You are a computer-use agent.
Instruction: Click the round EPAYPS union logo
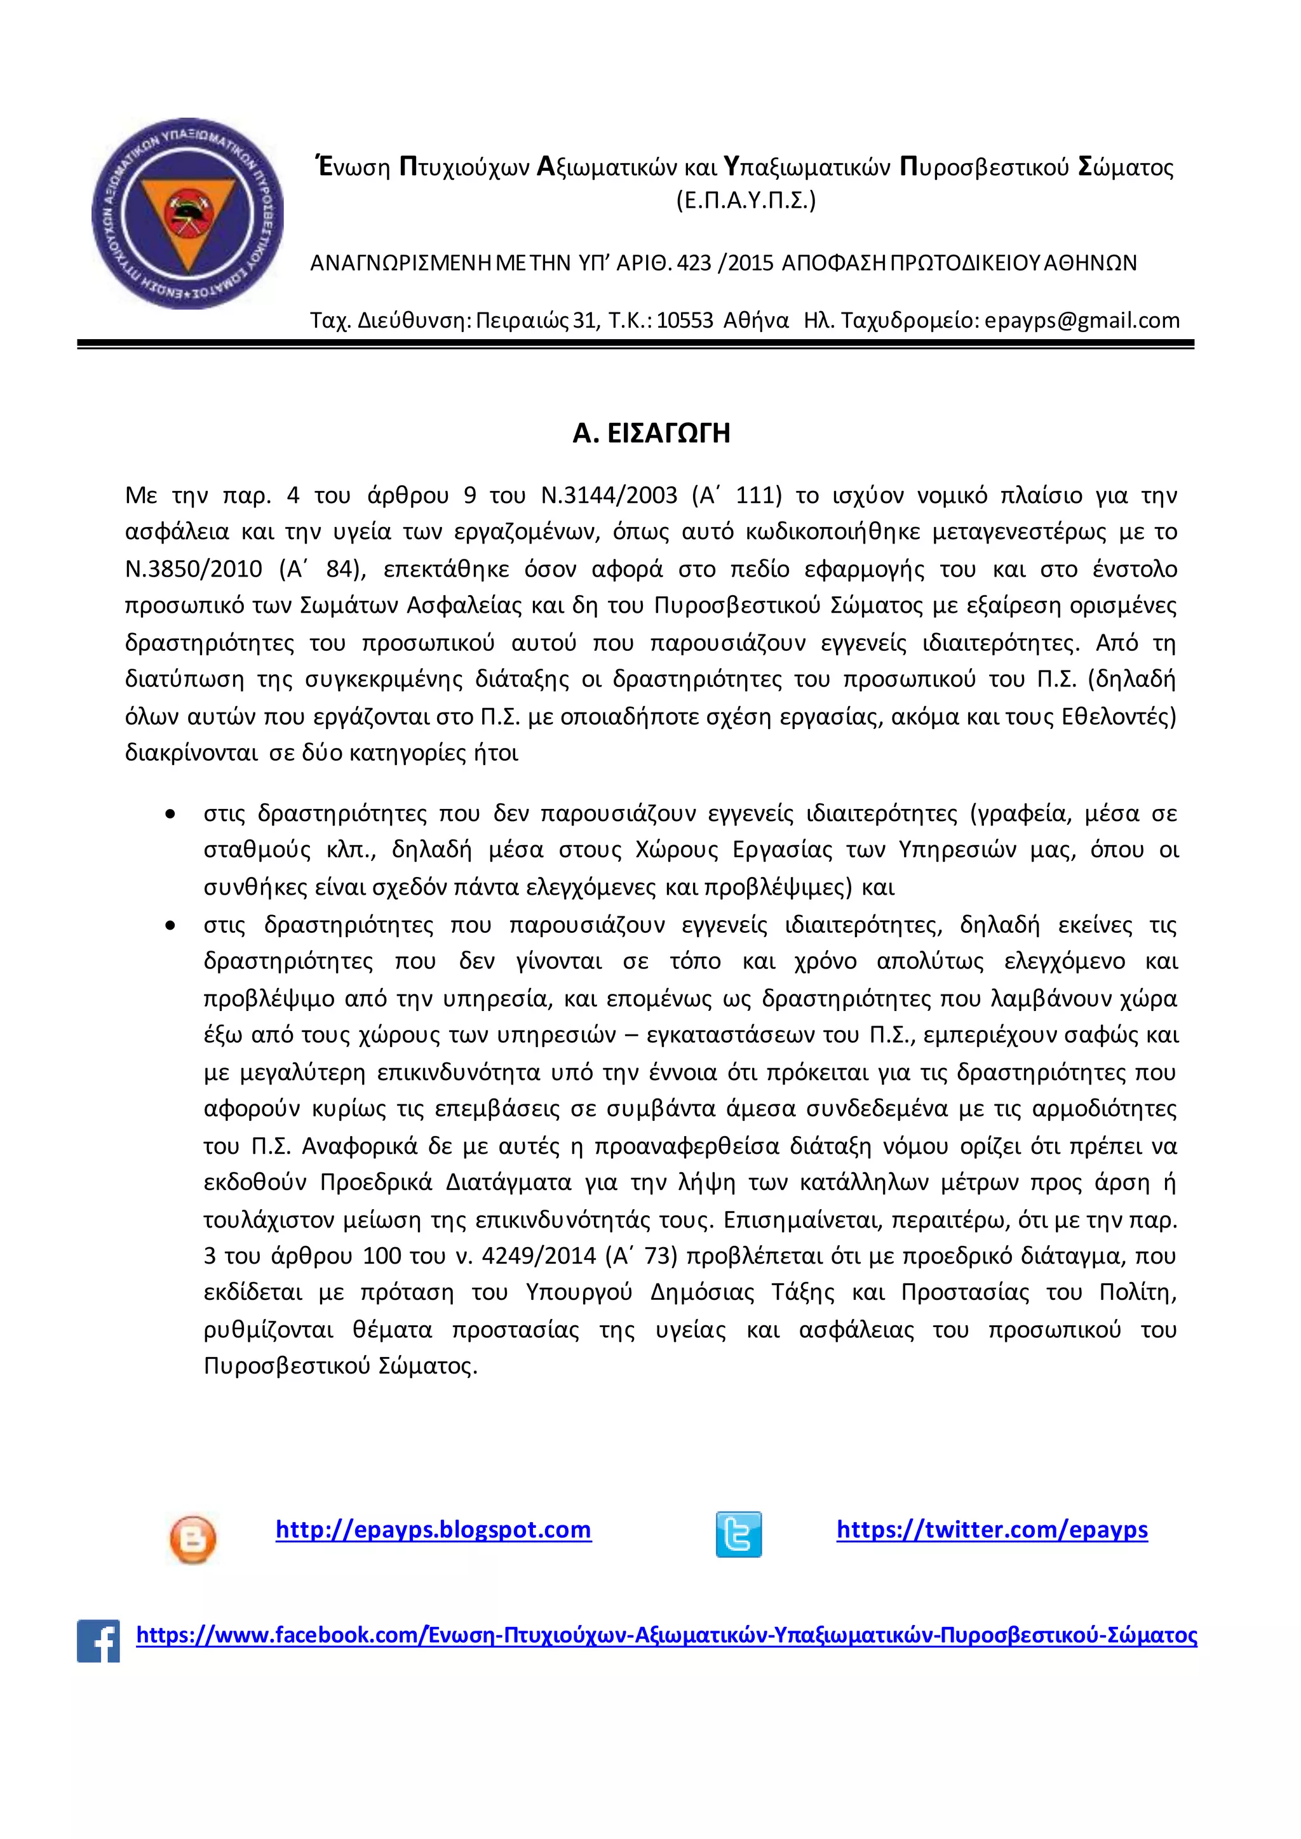coord(187,214)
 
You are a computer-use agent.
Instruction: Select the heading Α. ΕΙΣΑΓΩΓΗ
coord(650,433)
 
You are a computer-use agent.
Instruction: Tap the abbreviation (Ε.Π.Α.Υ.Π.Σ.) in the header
coord(745,199)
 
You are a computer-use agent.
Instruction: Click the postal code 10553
coord(684,321)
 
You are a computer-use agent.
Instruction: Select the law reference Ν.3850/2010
coord(193,569)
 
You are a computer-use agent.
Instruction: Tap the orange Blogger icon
coord(193,1539)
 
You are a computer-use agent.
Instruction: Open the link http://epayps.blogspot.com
coord(433,1530)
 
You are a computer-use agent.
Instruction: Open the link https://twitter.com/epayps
coord(992,1530)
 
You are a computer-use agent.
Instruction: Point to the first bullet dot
coord(170,815)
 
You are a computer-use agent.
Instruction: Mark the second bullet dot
coord(170,926)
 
